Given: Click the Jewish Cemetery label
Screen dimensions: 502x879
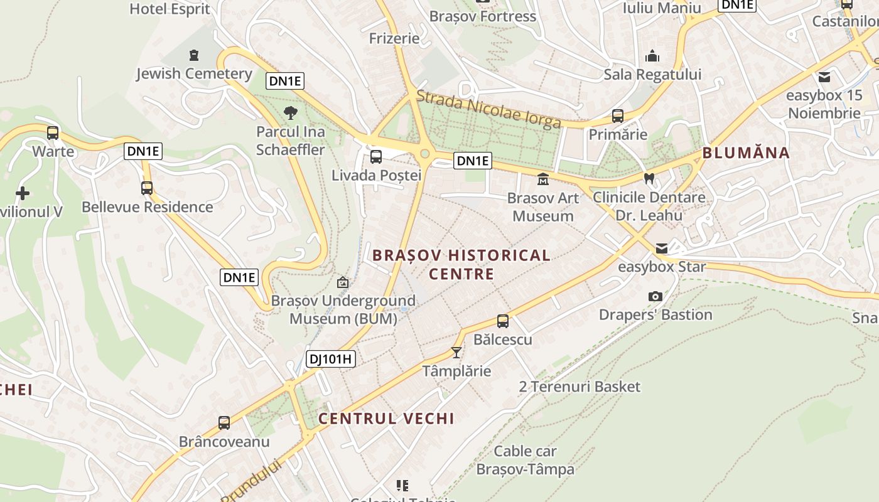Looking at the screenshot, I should click(194, 73).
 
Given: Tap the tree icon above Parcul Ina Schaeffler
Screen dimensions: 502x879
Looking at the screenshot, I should click(290, 113).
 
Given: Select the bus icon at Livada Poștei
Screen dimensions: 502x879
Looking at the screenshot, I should click(376, 156).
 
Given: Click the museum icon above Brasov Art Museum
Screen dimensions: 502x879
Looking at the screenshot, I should click(542, 179).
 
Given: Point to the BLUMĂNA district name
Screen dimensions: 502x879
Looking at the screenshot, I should click(745, 152).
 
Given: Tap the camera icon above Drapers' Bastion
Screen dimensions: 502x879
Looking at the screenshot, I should click(655, 296).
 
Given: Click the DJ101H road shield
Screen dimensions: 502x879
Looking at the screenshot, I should click(331, 359).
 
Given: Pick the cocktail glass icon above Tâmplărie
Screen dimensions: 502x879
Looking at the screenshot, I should click(456, 353).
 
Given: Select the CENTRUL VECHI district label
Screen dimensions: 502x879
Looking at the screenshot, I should click(386, 419).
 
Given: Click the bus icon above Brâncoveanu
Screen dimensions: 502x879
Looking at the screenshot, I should click(224, 422).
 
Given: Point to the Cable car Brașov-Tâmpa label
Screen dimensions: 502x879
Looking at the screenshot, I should click(525, 460).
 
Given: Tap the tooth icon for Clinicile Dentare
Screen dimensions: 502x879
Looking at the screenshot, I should click(650, 178).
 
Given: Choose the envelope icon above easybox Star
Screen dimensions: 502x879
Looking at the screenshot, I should click(662, 248).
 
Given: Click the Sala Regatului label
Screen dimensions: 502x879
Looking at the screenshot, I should click(652, 75).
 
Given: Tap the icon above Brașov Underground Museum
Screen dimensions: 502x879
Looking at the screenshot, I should click(343, 282).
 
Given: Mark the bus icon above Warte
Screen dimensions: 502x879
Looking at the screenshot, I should click(53, 133).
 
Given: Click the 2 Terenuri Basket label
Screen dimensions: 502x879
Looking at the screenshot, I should click(580, 387).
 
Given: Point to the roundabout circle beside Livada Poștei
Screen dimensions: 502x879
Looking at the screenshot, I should click(424, 154).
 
